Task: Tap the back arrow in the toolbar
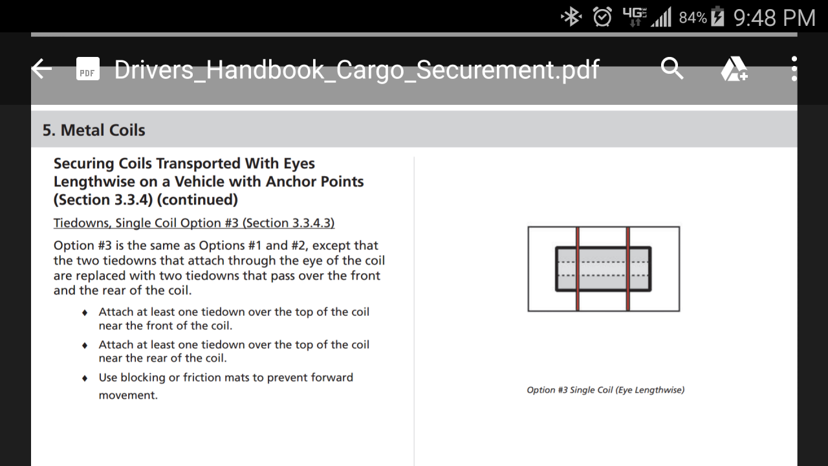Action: (42, 69)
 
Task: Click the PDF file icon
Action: (87, 69)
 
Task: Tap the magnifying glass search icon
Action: (672, 69)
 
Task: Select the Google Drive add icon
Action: (734, 69)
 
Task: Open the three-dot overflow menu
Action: (794, 69)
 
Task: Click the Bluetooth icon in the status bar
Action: (571, 17)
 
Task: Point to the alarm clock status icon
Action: (602, 17)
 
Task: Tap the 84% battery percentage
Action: (693, 17)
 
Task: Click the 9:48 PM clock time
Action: (774, 17)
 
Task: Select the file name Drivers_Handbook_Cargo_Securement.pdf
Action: (356, 69)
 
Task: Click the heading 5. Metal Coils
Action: (94, 130)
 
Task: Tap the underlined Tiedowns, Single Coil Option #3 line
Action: (194, 223)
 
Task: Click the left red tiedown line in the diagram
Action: (578, 269)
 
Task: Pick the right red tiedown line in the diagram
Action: (627, 269)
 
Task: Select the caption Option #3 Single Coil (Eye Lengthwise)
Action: (605, 390)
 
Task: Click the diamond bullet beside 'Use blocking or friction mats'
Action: (85, 379)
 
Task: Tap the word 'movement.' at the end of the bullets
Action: (128, 395)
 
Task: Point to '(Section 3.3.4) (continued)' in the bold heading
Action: (146, 200)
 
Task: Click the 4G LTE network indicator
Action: (635, 17)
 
